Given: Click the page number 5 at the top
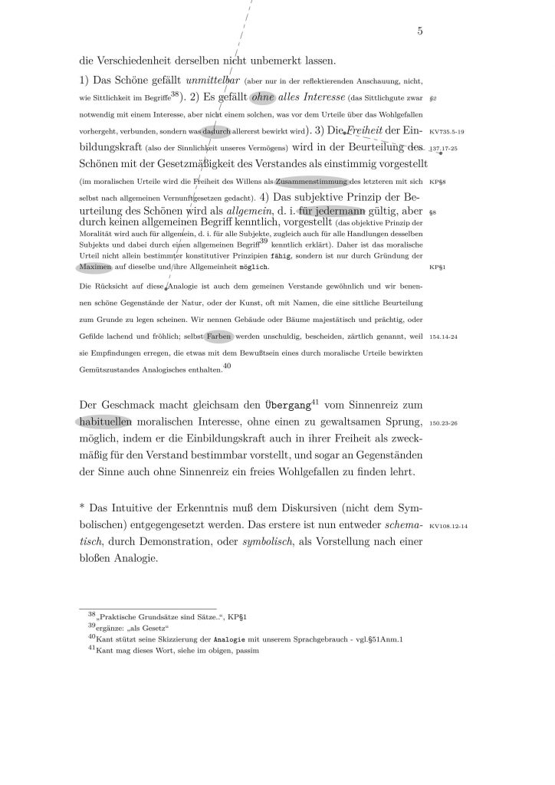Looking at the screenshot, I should pyautogui.click(x=420, y=31).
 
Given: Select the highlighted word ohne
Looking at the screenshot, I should pyautogui.click(x=263, y=97).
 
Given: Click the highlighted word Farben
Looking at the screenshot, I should pyautogui.click(x=219, y=336).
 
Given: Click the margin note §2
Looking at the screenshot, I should pyautogui.click(x=433, y=99).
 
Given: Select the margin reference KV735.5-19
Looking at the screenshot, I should pyautogui.click(x=447, y=132).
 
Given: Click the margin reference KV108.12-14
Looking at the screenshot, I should pyautogui.click(x=448, y=527).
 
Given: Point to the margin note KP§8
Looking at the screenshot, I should pyautogui.click(x=438, y=182).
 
